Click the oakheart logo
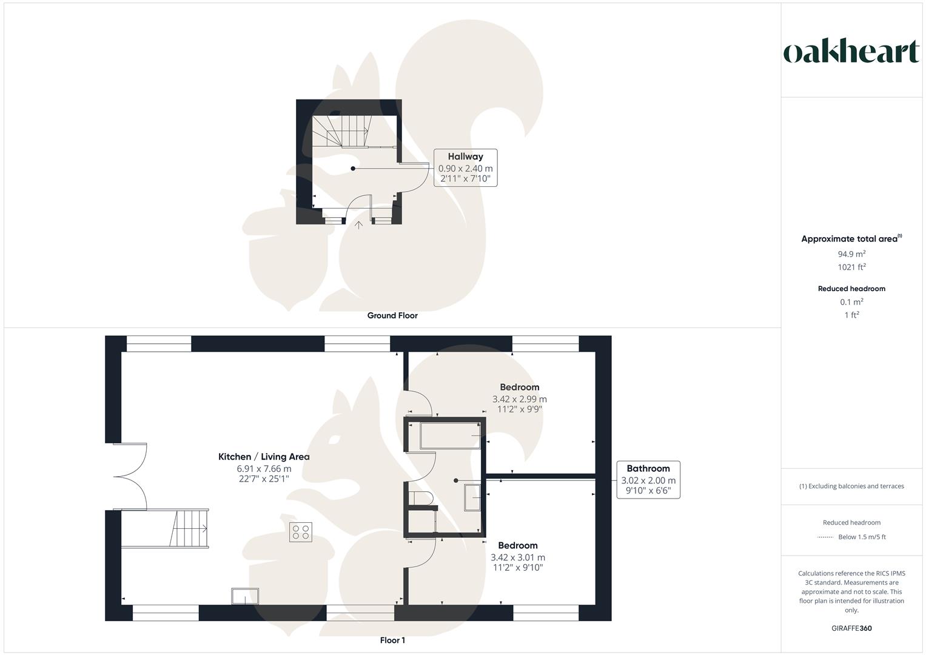(x=851, y=52)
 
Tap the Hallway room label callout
(x=465, y=167)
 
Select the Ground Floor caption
(x=392, y=315)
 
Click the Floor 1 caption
(x=392, y=640)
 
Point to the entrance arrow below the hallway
(x=359, y=225)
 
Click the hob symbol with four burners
(x=300, y=532)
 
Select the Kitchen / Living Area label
(x=264, y=457)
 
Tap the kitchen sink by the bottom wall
(x=245, y=596)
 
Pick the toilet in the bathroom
(x=420, y=499)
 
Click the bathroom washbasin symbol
(x=473, y=497)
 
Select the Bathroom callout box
(x=648, y=480)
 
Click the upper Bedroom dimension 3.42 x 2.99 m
(x=519, y=399)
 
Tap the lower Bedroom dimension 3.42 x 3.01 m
(x=518, y=557)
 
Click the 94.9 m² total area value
(x=851, y=254)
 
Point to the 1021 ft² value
(x=851, y=267)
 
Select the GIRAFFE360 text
(x=851, y=628)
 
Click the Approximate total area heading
(x=851, y=239)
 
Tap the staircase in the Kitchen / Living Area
(x=190, y=529)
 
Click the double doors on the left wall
(x=131, y=477)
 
